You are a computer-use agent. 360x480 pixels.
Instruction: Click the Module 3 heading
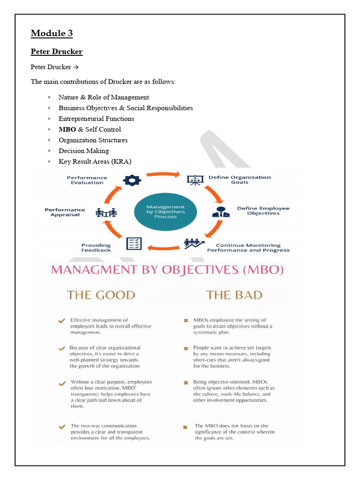(52, 33)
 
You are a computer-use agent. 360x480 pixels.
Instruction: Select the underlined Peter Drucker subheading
(56, 51)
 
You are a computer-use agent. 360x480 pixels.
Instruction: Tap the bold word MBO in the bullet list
(67, 129)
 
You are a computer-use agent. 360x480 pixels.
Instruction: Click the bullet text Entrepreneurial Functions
(96, 119)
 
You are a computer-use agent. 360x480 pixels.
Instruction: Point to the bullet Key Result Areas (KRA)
(95, 162)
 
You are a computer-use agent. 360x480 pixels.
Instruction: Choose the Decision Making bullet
(83, 151)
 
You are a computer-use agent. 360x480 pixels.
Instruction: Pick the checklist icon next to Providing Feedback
(134, 244)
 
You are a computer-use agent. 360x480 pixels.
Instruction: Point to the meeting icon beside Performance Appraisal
(106, 212)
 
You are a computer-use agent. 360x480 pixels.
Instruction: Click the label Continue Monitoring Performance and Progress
(248, 247)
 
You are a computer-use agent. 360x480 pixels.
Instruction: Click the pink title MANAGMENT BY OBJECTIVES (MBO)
(166, 270)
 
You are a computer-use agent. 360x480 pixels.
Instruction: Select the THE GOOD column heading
(101, 295)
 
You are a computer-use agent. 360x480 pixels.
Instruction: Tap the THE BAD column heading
(234, 295)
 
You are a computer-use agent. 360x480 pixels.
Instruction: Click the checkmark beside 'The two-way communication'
(61, 427)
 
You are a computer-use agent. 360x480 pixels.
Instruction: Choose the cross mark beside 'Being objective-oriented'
(186, 383)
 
